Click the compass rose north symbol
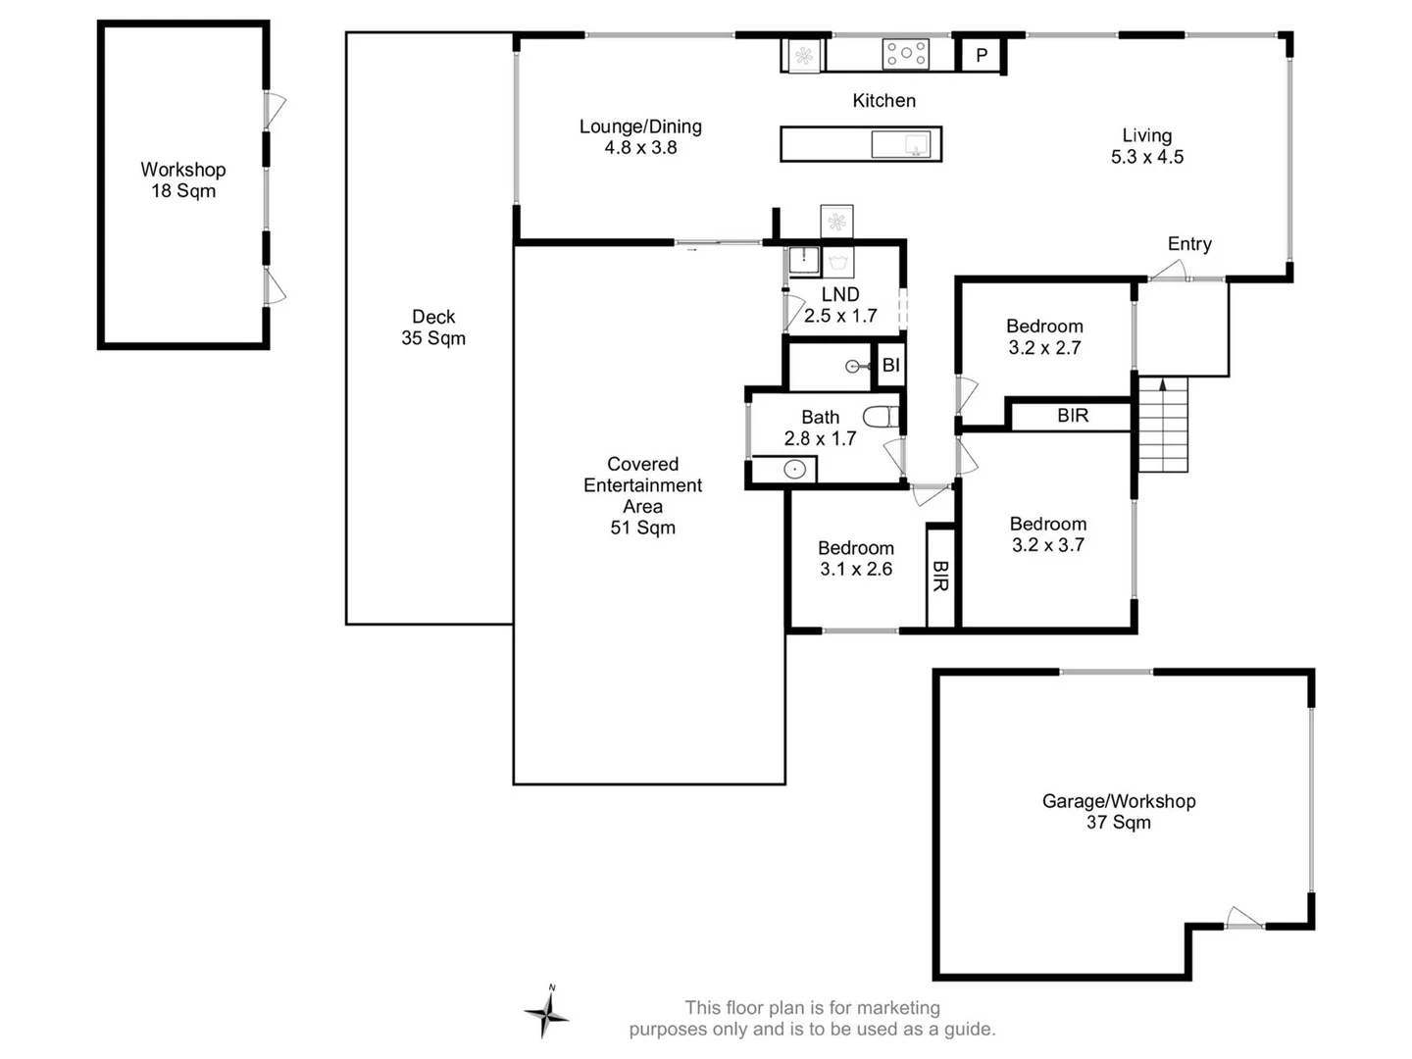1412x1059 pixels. tap(546, 1012)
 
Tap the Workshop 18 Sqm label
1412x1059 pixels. tap(183, 180)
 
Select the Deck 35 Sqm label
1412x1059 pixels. tap(433, 328)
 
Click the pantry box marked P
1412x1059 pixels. tap(981, 56)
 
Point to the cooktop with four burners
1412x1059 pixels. tap(905, 54)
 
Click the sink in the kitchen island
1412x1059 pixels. tap(901, 145)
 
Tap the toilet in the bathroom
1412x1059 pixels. tap(882, 417)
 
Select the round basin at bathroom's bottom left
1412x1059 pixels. tap(794, 470)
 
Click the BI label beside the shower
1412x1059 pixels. tap(890, 366)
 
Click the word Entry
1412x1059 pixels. tap(1189, 244)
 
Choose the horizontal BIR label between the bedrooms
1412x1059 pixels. tap(1073, 416)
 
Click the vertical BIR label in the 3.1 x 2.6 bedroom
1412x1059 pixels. tap(939, 577)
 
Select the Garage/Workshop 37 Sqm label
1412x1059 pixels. tap(1119, 812)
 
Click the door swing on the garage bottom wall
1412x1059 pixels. tap(1243, 919)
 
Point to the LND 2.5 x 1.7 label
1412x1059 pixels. tap(840, 305)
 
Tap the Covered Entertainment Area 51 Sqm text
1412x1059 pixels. tap(642, 495)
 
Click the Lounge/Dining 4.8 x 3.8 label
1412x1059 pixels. tap(640, 136)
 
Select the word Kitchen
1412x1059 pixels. tap(883, 100)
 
